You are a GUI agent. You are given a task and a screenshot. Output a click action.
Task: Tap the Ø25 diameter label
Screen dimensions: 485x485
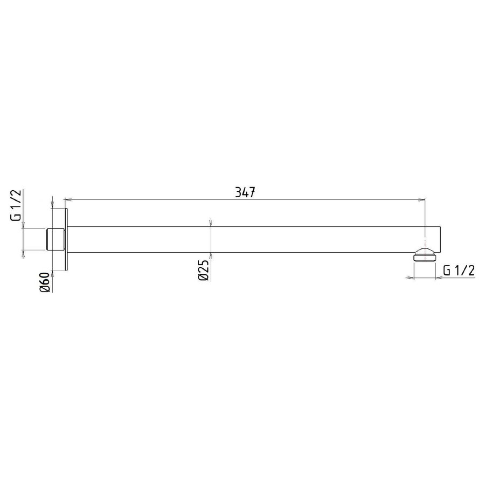(203, 269)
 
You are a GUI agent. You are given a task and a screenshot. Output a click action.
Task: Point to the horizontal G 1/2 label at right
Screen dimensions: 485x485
(458, 271)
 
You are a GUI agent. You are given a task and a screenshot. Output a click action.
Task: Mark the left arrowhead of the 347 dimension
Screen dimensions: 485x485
(67, 199)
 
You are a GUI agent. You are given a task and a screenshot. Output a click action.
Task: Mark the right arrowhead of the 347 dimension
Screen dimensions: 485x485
(423, 199)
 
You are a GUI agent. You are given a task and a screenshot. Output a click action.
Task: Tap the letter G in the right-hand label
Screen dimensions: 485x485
(447, 271)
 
